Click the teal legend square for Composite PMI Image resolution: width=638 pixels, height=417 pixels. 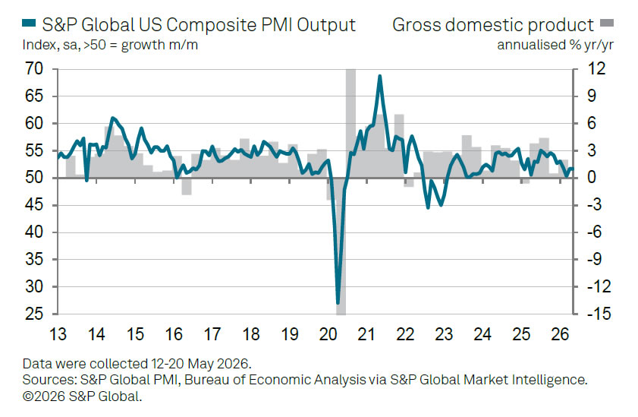pyautogui.click(x=29, y=24)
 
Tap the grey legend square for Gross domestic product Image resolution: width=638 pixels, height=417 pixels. pyautogui.click(x=607, y=24)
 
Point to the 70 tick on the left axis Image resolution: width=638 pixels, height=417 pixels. pyautogui.click(x=34, y=69)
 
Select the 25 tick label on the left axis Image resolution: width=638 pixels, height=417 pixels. pyautogui.click(x=34, y=314)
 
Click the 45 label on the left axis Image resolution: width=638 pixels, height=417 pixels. pyautogui.click(x=34, y=205)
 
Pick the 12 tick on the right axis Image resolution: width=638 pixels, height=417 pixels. pyautogui.click(x=597, y=69)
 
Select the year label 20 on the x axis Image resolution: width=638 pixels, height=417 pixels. pyautogui.click(x=328, y=334)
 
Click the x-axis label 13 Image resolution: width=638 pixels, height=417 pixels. pyautogui.click(x=58, y=334)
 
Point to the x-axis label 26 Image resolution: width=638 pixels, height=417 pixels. pyautogui.click(x=559, y=334)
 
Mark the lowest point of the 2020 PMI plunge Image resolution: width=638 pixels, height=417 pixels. pyautogui.click(x=338, y=303)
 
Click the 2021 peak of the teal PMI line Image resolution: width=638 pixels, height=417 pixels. pyautogui.click(x=379, y=76)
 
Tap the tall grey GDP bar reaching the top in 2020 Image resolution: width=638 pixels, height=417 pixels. pyautogui.click(x=350, y=123)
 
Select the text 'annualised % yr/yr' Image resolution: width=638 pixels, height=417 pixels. pyautogui.click(x=555, y=46)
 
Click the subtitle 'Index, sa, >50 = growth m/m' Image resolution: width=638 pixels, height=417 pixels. pyautogui.click(x=110, y=45)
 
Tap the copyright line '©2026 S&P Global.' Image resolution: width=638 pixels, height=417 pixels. pyautogui.click(x=82, y=396)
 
